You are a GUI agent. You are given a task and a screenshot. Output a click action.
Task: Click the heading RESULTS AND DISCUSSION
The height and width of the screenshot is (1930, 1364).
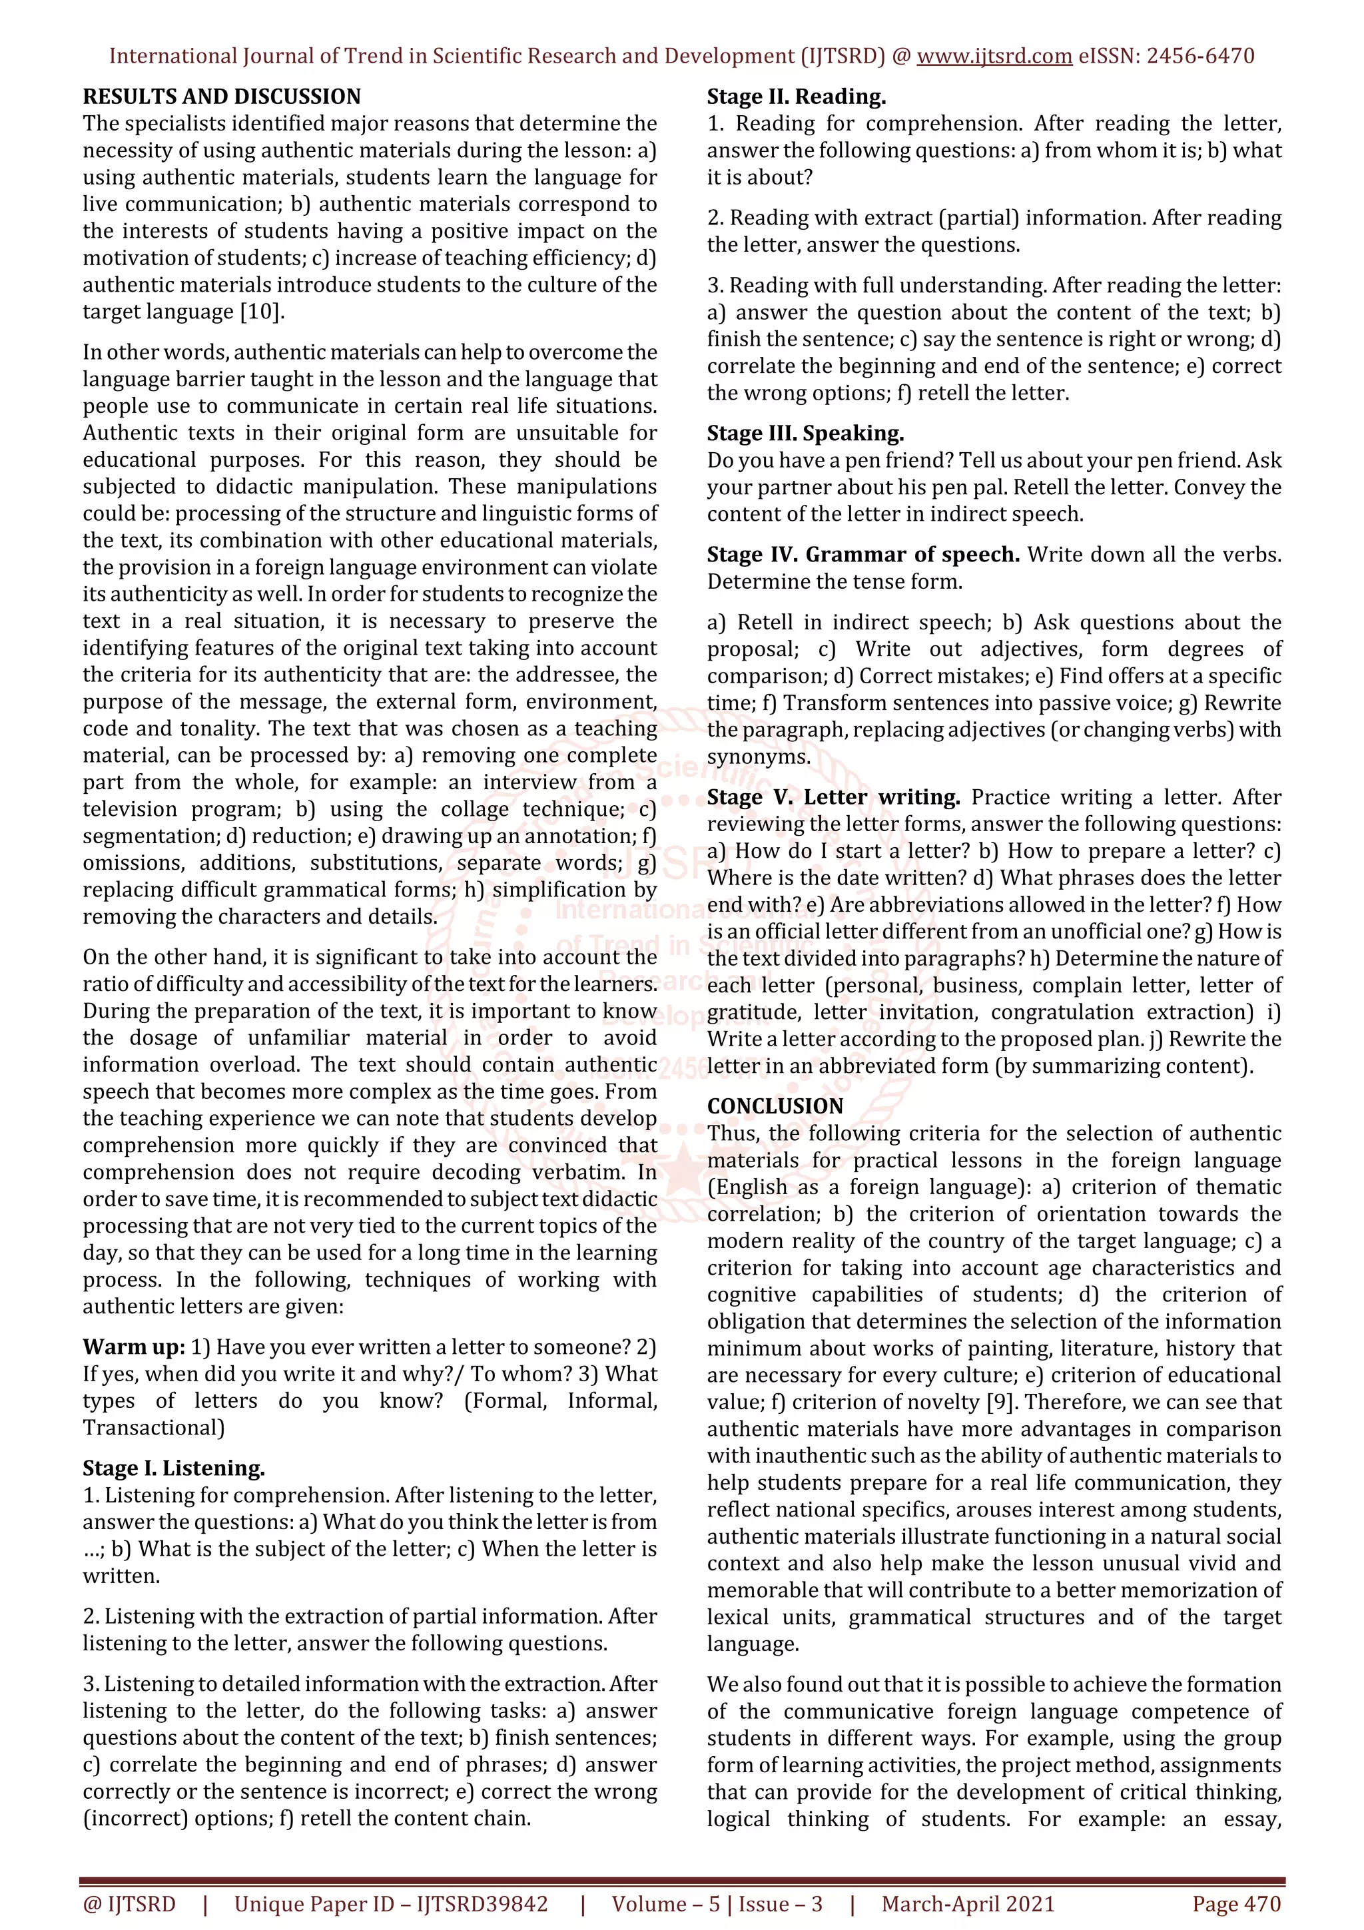point(222,97)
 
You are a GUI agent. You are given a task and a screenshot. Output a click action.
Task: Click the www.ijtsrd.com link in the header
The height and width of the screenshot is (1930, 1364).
point(994,57)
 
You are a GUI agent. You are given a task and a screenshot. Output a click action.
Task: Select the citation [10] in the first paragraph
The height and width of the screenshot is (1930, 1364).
point(261,312)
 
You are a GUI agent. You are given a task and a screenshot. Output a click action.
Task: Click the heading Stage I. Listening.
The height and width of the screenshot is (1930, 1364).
point(173,1468)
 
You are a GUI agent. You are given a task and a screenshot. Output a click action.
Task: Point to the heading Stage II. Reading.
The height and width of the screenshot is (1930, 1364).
point(796,97)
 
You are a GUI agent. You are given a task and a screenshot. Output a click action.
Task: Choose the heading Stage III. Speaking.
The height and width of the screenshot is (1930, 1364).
point(805,434)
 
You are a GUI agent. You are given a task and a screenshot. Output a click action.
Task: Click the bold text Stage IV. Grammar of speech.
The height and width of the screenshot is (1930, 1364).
point(863,555)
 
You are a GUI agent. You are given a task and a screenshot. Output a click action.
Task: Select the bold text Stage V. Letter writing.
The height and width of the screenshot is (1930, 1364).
point(833,797)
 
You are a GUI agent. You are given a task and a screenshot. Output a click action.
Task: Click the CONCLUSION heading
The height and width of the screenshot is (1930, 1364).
point(775,1106)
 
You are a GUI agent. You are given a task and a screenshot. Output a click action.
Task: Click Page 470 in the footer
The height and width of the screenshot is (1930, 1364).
point(1235,1904)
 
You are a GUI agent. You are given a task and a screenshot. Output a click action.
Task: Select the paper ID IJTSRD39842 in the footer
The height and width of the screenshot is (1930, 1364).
point(482,1904)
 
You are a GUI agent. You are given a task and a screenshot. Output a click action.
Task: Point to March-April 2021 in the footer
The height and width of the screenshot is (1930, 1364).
point(967,1904)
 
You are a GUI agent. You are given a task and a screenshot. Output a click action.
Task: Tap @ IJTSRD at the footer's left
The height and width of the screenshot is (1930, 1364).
point(129,1904)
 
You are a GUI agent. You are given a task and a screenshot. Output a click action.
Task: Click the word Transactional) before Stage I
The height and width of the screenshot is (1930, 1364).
point(153,1428)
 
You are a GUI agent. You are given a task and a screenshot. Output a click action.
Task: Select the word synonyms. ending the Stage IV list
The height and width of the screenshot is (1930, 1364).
point(758,757)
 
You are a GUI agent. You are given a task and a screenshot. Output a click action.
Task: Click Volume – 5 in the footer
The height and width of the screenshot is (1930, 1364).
point(665,1904)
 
